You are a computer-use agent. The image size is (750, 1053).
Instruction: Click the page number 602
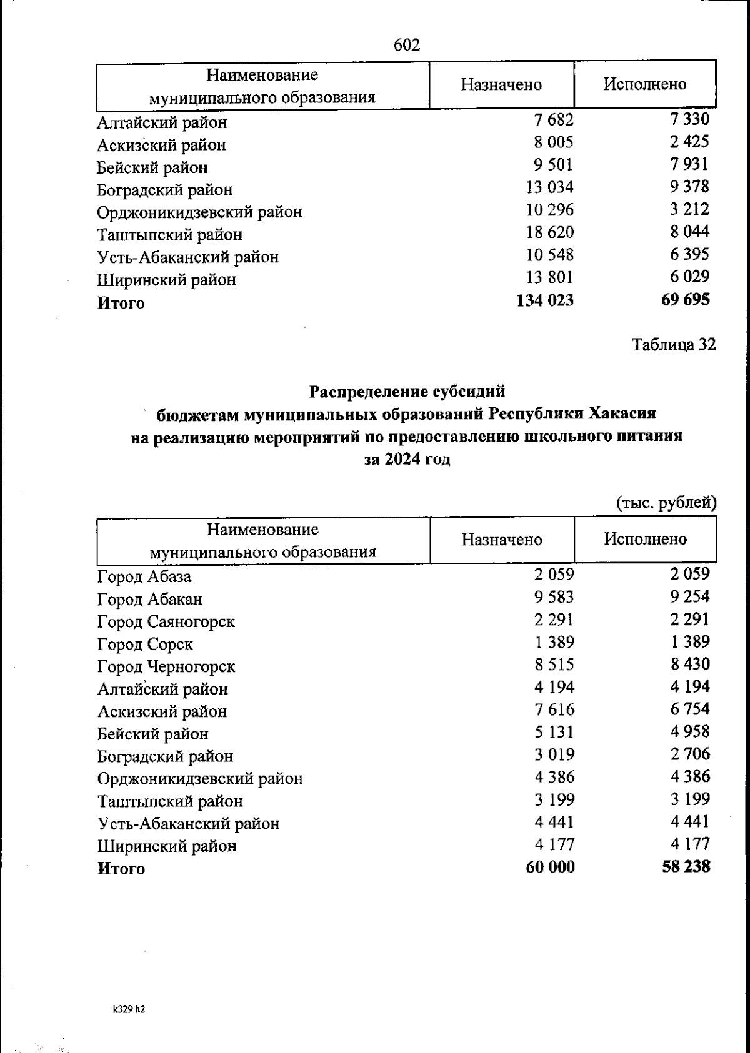point(407,45)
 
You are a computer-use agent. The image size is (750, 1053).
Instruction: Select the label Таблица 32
point(674,344)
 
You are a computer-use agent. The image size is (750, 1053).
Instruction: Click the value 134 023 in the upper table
point(545,300)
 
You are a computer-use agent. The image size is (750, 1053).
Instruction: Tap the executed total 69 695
point(686,300)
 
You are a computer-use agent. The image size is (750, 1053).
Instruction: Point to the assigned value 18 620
point(549,232)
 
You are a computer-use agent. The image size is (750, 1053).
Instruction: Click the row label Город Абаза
point(144,576)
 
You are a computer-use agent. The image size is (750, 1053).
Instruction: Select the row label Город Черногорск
point(166,666)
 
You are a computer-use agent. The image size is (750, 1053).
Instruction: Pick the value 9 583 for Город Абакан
point(554,597)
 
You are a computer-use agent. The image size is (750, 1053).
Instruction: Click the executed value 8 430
point(690,664)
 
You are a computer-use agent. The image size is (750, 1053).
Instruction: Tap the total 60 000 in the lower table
point(550,867)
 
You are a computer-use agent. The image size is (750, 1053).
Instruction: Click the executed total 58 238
point(686,866)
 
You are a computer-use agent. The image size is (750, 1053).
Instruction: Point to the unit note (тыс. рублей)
point(666,502)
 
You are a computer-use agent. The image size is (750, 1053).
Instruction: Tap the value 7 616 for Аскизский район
point(554,709)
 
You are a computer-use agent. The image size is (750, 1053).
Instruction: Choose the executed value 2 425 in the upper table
point(690,142)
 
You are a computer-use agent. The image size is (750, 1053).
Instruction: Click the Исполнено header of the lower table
point(645,539)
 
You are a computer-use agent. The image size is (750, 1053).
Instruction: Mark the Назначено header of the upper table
point(501,85)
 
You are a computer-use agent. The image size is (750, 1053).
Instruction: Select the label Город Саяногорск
point(166,621)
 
